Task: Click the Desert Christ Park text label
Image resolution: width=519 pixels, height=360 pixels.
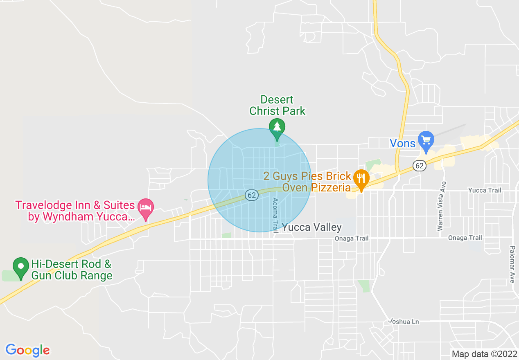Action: (277, 105)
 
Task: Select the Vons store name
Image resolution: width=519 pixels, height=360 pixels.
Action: (402, 143)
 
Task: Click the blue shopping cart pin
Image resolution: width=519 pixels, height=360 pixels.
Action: (426, 139)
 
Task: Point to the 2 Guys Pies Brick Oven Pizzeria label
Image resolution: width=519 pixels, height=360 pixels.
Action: (307, 182)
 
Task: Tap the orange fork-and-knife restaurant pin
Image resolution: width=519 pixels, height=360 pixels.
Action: (361, 178)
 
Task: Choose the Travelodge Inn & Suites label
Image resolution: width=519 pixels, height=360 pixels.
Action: (75, 211)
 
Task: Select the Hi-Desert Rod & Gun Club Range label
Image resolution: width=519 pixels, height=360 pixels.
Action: (72, 270)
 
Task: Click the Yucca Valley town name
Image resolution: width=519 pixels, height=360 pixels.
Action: (312, 227)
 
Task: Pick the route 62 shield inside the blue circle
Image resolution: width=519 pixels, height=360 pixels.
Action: (252, 195)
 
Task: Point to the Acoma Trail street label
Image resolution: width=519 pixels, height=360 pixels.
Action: (275, 214)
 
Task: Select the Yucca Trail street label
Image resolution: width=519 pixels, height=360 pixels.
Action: (484, 190)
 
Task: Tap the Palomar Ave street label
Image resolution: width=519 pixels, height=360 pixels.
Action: (512, 264)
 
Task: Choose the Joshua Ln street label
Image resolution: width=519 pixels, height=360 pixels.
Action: (404, 322)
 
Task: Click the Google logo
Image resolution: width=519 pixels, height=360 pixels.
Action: (27, 350)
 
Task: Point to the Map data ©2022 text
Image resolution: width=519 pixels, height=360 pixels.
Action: (484, 354)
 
